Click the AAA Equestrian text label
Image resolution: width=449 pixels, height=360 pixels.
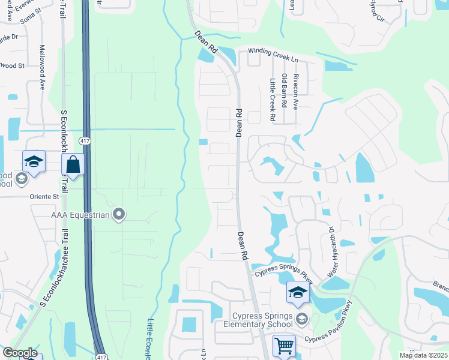(x=80, y=214)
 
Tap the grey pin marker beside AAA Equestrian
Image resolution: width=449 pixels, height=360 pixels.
(x=119, y=214)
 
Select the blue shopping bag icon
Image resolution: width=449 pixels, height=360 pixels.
(x=73, y=164)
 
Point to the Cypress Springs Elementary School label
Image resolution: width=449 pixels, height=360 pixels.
(x=264, y=320)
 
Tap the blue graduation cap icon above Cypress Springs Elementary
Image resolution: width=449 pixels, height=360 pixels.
(x=297, y=292)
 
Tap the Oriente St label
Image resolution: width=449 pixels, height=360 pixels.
(x=46, y=196)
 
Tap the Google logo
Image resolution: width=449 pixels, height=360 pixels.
(x=20, y=353)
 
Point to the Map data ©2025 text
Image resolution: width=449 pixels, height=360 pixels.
(x=423, y=355)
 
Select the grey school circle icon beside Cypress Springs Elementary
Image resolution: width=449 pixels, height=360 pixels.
(x=301, y=319)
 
